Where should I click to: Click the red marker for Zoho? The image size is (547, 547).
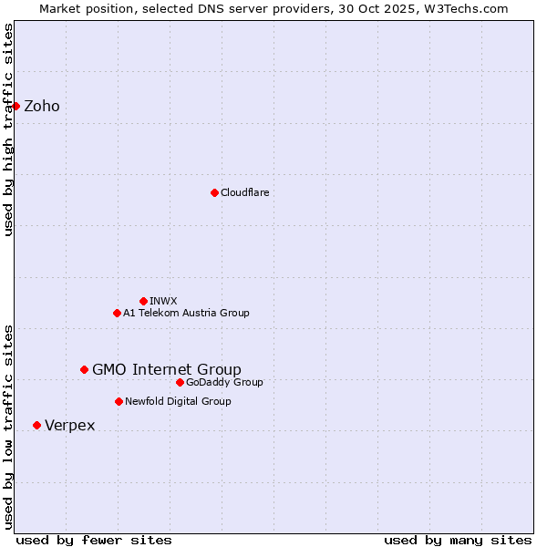coord(15,106)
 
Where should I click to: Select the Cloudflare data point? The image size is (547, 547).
coord(214,192)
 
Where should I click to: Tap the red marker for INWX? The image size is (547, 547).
coord(143,301)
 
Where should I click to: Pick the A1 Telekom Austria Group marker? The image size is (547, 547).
coord(117,313)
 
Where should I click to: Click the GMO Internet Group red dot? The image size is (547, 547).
coord(84,369)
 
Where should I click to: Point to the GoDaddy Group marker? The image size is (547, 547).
coord(180,382)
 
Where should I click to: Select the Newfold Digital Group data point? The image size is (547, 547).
coord(119,401)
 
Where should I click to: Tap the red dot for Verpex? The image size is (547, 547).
coord(36,425)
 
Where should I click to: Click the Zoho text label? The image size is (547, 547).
coord(42,107)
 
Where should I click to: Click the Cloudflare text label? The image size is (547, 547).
coord(244,192)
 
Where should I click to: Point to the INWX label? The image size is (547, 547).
coord(163,301)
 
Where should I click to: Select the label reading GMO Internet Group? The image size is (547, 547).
coord(167,369)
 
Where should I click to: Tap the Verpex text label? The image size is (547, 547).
coord(70,426)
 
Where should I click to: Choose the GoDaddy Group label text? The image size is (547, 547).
coord(224,382)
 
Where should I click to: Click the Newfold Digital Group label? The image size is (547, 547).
coord(178,401)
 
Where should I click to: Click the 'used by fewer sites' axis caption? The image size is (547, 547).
coord(94,540)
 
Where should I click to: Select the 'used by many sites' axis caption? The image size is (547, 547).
coord(458,540)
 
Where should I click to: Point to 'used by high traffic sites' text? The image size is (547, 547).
coord(8,129)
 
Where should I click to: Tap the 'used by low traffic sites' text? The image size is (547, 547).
coord(8,427)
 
